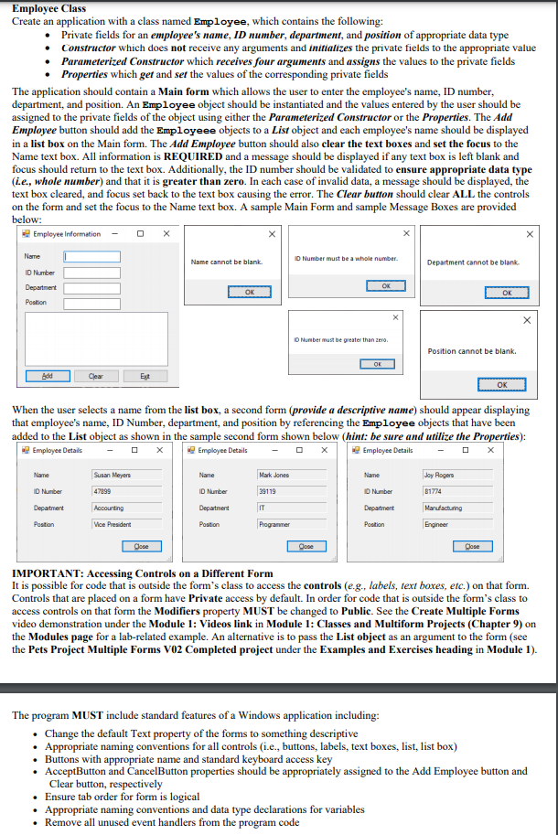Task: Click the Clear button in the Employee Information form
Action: (95, 376)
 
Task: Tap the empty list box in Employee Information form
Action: (96, 338)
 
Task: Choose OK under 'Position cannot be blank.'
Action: (501, 385)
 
